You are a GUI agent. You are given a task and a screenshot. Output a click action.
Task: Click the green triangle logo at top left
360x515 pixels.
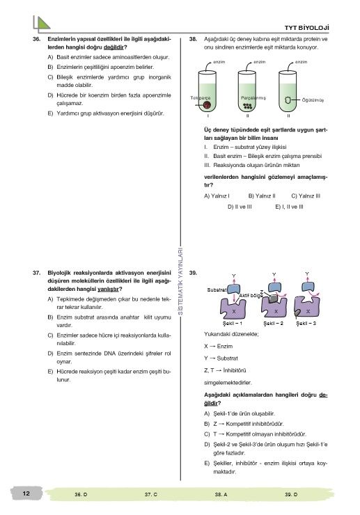pyautogui.click(x=43, y=24)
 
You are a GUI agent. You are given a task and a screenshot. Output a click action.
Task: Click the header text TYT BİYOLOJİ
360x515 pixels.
pyautogui.click(x=306, y=28)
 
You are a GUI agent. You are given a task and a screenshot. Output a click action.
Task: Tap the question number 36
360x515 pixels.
pyautogui.click(x=36, y=39)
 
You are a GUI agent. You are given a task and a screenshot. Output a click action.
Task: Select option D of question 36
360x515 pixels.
pyautogui.click(x=109, y=100)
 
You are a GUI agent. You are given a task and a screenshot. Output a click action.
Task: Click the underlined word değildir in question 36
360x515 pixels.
pyautogui.click(x=114, y=47)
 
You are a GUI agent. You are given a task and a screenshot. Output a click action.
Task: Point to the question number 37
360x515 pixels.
pyautogui.click(x=36, y=273)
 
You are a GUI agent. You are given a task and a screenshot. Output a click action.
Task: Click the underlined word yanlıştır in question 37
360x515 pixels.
pyautogui.click(x=108, y=290)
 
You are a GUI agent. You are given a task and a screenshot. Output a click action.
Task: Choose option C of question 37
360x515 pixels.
pyautogui.click(x=109, y=340)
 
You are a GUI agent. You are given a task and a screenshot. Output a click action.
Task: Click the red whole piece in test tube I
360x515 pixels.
pyautogui.click(x=207, y=105)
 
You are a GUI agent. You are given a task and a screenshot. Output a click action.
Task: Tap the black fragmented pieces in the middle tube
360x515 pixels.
pyautogui.click(x=248, y=106)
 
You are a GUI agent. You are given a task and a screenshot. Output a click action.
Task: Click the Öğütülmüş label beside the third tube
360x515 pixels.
pyautogui.click(x=313, y=100)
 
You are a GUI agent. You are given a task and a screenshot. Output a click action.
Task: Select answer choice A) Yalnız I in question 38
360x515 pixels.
pyautogui.click(x=217, y=196)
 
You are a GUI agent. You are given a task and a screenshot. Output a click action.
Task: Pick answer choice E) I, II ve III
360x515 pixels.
pyautogui.click(x=289, y=207)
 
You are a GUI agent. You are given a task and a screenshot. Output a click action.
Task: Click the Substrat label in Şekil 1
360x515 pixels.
pyautogui.click(x=217, y=290)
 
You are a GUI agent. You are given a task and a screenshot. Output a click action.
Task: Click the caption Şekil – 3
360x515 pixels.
pyautogui.click(x=306, y=324)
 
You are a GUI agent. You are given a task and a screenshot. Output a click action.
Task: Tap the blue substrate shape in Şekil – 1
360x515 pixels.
pyautogui.click(x=234, y=290)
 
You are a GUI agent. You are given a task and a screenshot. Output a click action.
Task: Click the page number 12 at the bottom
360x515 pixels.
pyautogui.click(x=26, y=493)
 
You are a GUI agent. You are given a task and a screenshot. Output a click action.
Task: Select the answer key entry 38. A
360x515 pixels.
pyautogui.click(x=221, y=494)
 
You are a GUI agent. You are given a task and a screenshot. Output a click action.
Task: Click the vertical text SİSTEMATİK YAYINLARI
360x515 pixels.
pyautogui.click(x=180, y=281)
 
